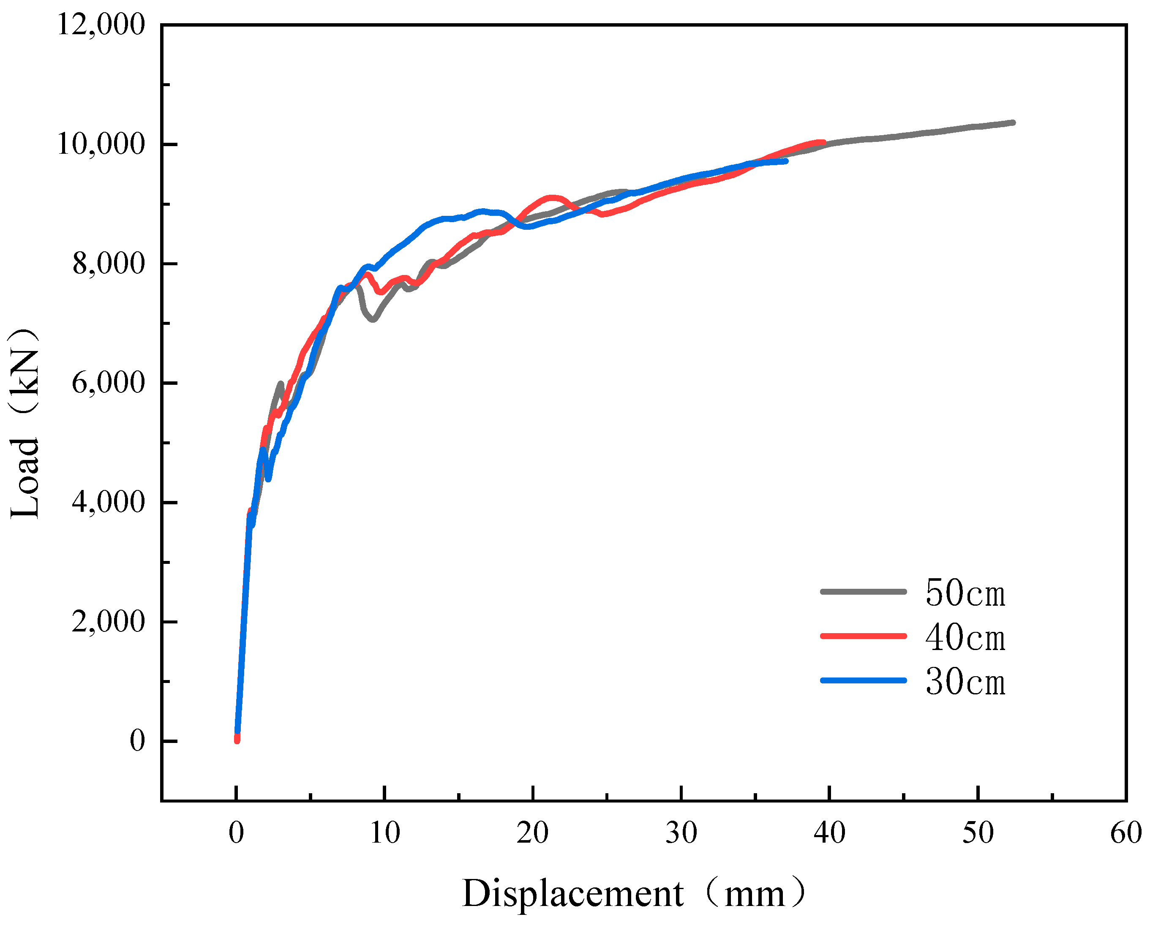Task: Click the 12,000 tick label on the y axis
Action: pos(100,24)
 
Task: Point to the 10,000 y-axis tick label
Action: pos(100,144)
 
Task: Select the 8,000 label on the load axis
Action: pos(108,264)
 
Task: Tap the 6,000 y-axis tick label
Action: pos(108,383)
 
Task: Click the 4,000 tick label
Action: pos(108,502)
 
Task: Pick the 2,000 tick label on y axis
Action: pos(108,622)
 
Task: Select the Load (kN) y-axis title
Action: pos(25,424)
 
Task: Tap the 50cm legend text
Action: pos(965,593)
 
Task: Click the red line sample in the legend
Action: pos(863,636)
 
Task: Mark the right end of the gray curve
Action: pos(1012,122)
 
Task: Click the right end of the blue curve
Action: pos(786,161)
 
